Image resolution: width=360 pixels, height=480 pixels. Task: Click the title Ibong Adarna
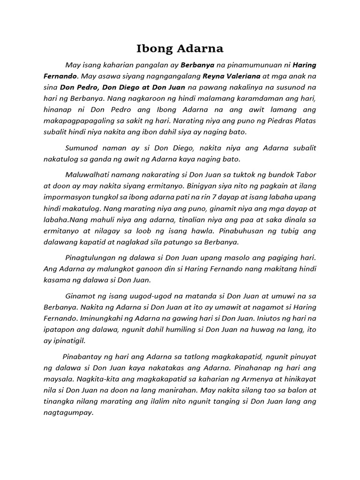tap(180, 48)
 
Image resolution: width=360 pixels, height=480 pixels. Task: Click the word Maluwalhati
tap(89, 176)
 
